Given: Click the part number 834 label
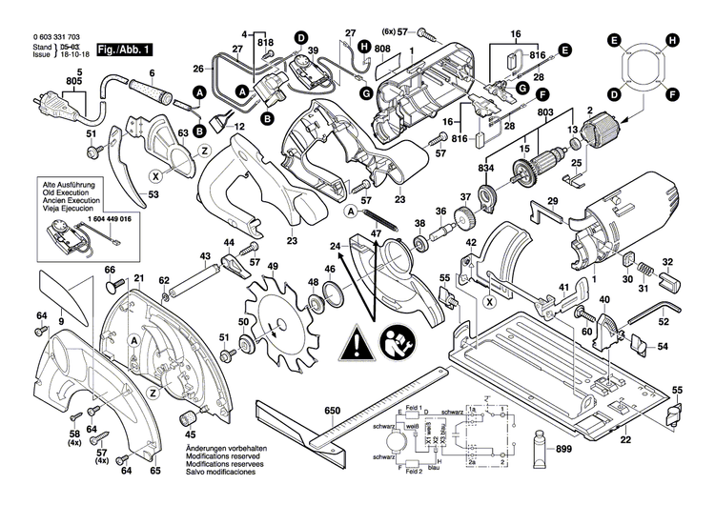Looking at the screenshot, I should pos(485,168).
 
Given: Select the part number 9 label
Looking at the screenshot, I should pos(61,323).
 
